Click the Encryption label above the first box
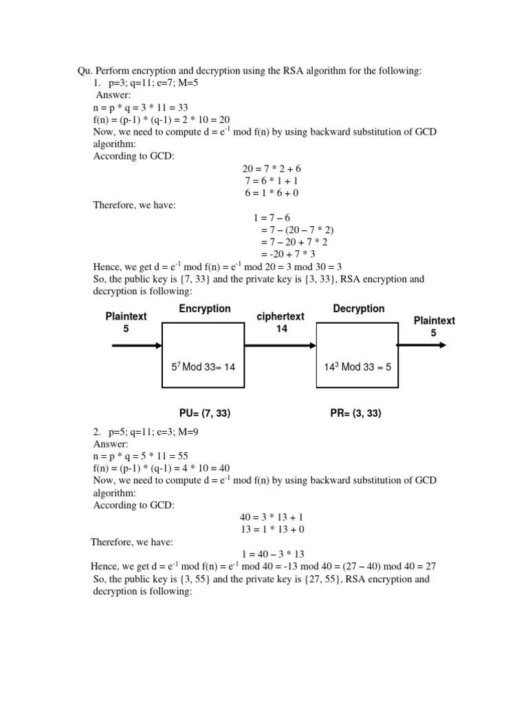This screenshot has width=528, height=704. [x=205, y=309]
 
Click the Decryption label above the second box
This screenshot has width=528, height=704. [x=359, y=309]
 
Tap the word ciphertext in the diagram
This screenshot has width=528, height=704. [x=280, y=316]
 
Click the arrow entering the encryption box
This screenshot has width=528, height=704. [x=136, y=345]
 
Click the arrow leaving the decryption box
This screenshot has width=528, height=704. [x=421, y=345]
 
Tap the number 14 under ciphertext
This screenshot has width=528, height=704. [x=281, y=329]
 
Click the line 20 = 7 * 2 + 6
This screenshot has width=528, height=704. [x=272, y=169]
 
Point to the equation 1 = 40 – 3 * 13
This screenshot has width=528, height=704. [x=273, y=554]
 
